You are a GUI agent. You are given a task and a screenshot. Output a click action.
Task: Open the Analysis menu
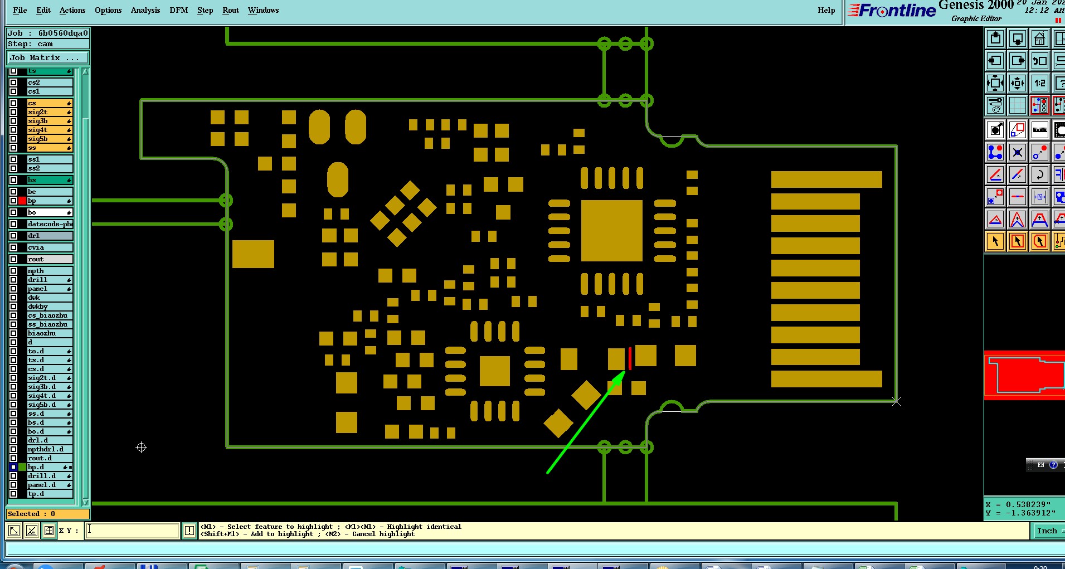click(145, 10)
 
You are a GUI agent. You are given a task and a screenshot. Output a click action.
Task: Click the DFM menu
click(178, 10)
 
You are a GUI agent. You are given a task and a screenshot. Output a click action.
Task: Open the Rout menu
click(230, 10)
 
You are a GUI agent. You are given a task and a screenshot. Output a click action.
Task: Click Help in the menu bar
click(826, 10)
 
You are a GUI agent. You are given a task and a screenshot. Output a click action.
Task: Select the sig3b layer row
click(50, 121)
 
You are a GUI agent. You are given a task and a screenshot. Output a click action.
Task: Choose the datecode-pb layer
click(50, 224)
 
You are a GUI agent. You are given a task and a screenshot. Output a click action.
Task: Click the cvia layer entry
click(50, 247)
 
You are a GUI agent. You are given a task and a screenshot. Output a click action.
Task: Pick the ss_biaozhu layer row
click(50, 324)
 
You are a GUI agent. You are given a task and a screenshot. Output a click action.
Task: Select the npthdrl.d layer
click(50, 449)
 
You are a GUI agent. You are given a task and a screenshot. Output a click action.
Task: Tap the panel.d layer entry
click(50, 485)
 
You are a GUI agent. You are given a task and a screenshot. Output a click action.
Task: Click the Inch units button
click(1047, 531)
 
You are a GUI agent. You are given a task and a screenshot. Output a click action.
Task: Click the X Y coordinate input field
click(133, 531)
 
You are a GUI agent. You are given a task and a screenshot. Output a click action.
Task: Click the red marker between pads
click(630, 358)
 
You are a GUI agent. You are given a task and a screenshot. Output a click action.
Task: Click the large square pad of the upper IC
click(611, 231)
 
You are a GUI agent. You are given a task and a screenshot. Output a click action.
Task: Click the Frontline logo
click(892, 11)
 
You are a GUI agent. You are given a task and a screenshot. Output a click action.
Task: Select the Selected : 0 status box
click(47, 514)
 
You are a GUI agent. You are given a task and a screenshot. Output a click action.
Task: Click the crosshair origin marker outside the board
click(141, 447)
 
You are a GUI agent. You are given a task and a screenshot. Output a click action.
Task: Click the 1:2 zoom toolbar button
click(1040, 84)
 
